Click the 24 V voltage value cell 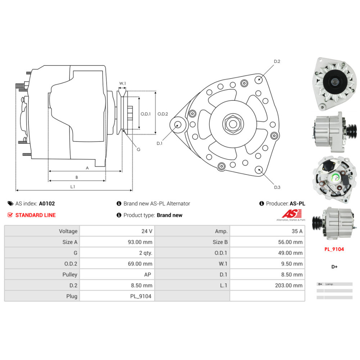(x=147, y=231)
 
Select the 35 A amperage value (x=297, y=231)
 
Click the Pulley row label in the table (x=69, y=274)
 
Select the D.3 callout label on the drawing (x=277, y=187)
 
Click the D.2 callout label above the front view (x=277, y=62)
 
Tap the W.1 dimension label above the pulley (x=122, y=84)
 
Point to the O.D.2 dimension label (x=163, y=114)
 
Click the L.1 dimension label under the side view (x=72, y=186)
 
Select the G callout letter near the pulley (x=138, y=149)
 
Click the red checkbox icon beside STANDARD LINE (x=10, y=215)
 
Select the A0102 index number (x=47, y=203)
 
